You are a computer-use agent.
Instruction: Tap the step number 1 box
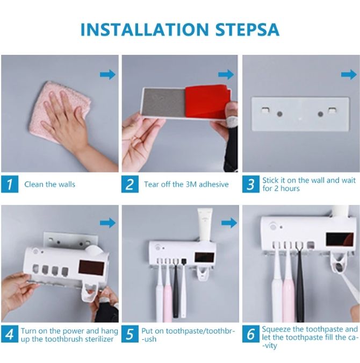point(10,184)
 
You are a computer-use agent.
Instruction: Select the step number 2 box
point(130,184)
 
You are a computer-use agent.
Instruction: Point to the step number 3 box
point(251,184)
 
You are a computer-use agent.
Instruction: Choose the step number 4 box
point(10,334)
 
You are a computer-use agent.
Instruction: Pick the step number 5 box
point(130,334)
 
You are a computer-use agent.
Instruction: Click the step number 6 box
point(251,334)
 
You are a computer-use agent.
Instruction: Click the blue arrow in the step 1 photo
point(108,75)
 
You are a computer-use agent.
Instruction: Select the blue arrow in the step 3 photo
point(349,75)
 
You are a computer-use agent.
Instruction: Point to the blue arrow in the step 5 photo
point(229,223)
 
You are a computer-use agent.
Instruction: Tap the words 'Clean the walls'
point(50,184)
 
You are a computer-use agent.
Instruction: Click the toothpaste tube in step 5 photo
point(205,225)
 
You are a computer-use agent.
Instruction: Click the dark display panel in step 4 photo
point(91,267)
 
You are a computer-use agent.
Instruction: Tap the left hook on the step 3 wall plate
point(265,109)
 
